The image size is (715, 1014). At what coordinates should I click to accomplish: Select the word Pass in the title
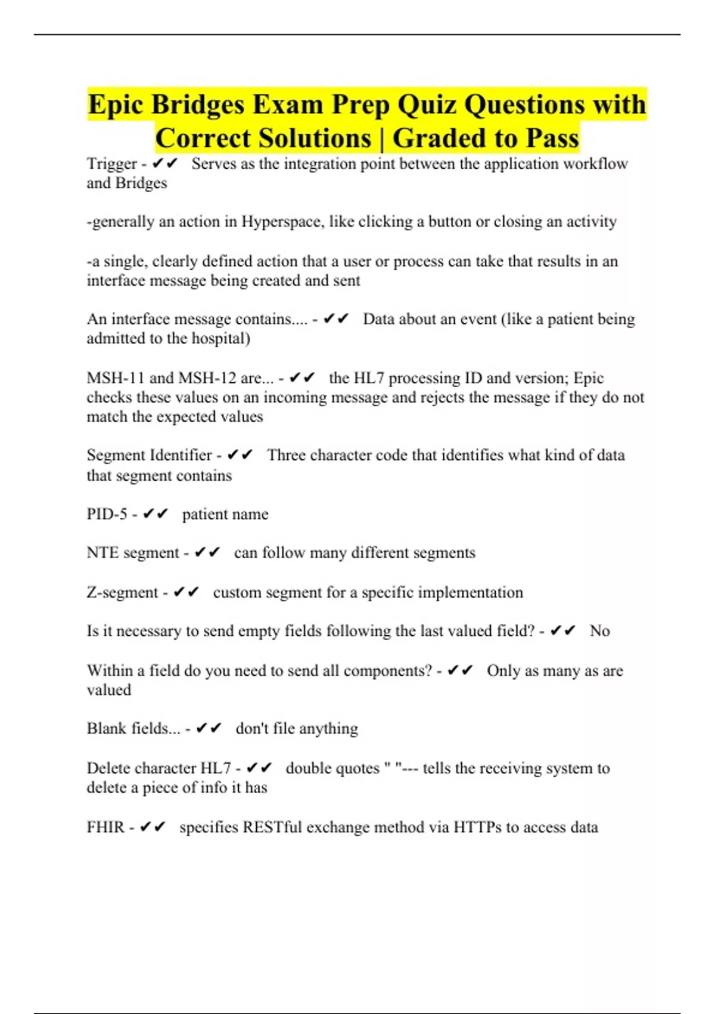point(552,138)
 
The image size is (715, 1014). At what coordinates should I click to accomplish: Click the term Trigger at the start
point(112,163)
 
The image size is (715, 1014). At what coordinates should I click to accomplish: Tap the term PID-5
point(107,514)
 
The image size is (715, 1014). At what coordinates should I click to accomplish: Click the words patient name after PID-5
point(225,514)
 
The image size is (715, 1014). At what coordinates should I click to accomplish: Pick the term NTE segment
point(133,553)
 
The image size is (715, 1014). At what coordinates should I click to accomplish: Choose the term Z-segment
point(123,592)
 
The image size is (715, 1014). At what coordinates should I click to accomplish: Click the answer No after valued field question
point(599,631)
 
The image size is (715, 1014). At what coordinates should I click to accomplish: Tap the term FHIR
point(105,827)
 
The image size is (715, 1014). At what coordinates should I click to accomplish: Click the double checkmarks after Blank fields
point(209,728)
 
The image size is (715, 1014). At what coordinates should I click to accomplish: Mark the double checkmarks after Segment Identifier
point(240,455)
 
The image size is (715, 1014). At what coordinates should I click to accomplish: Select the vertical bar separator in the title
point(381,138)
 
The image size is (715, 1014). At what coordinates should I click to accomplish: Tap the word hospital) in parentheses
point(219,339)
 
